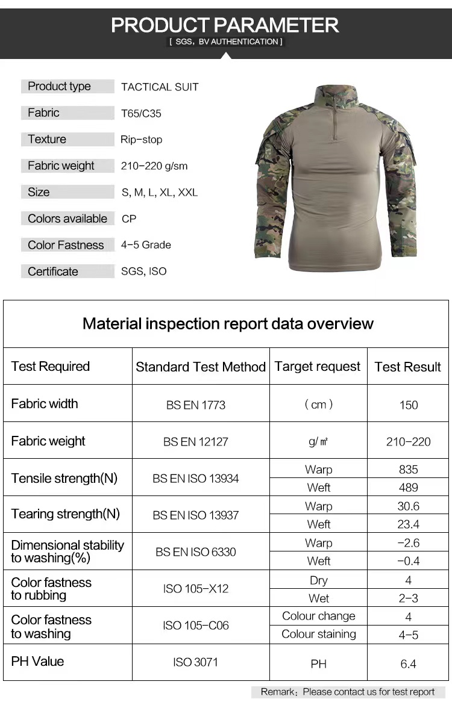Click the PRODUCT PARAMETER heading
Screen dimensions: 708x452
point(225,25)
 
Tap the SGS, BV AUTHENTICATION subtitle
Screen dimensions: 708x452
point(225,42)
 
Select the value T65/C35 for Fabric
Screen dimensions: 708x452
point(141,113)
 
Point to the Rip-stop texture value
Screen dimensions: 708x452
point(141,140)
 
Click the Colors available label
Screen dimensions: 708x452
point(67,219)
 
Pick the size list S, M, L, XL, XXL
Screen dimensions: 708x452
point(160,193)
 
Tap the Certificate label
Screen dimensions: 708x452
point(53,272)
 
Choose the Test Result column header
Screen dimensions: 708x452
point(408,367)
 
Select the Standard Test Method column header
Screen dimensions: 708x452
point(201,367)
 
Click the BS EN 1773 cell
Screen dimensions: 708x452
point(196,405)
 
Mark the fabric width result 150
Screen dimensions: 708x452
point(409,405)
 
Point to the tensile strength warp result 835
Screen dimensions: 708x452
point(409,470)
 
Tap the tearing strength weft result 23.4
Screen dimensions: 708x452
point(409,524)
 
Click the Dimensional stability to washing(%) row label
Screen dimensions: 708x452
point(67,551)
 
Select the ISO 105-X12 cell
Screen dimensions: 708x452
point(196,589)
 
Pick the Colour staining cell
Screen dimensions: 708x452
point(319,634)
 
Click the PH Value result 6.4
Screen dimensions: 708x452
point(409,664)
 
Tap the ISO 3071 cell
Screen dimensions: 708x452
point(196,662)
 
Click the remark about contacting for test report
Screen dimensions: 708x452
point(348,692)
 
